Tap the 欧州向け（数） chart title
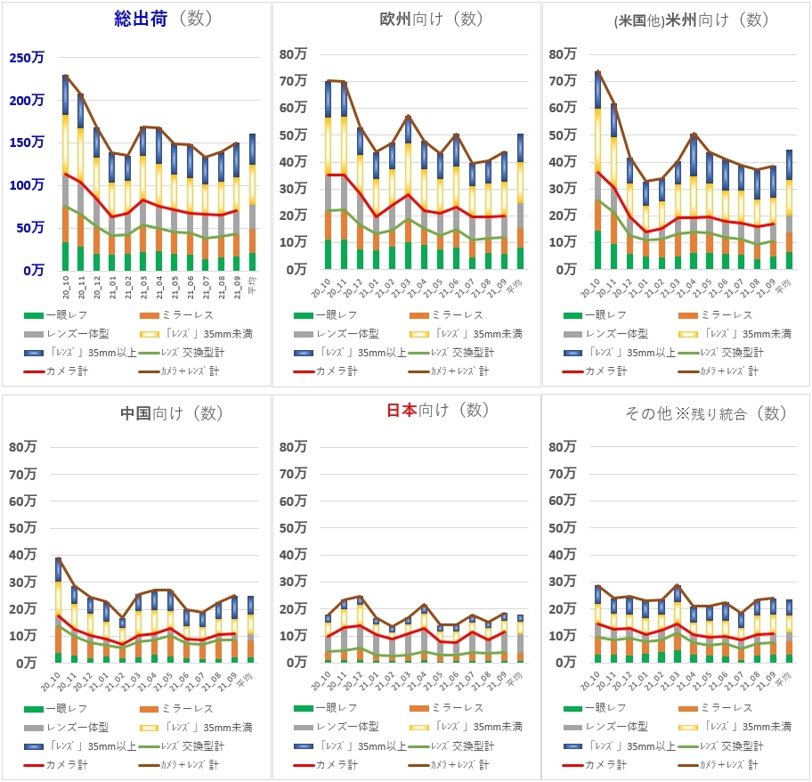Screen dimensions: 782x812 click(430, 19)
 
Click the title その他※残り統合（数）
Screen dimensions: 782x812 click(706, 413)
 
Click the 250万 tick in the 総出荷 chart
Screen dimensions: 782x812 click(27, 58)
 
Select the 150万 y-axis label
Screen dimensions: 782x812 click(27, 143)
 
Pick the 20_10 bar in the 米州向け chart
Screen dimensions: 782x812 click(597, 170)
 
